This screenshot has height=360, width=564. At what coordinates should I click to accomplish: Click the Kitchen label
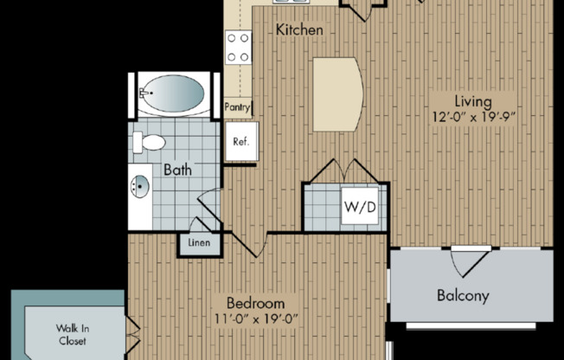299,30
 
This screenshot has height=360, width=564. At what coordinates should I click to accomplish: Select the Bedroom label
255,304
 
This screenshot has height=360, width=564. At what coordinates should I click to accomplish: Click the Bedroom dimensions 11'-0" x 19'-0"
255,320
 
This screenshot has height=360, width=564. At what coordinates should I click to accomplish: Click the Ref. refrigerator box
239,142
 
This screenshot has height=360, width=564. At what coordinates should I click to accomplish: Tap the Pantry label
237,108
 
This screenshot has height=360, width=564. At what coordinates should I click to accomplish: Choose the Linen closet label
199,244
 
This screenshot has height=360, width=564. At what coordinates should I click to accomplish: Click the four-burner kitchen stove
238,47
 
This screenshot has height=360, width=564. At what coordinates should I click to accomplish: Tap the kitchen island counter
337,93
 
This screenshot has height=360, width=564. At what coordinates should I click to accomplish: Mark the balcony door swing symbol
463,259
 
